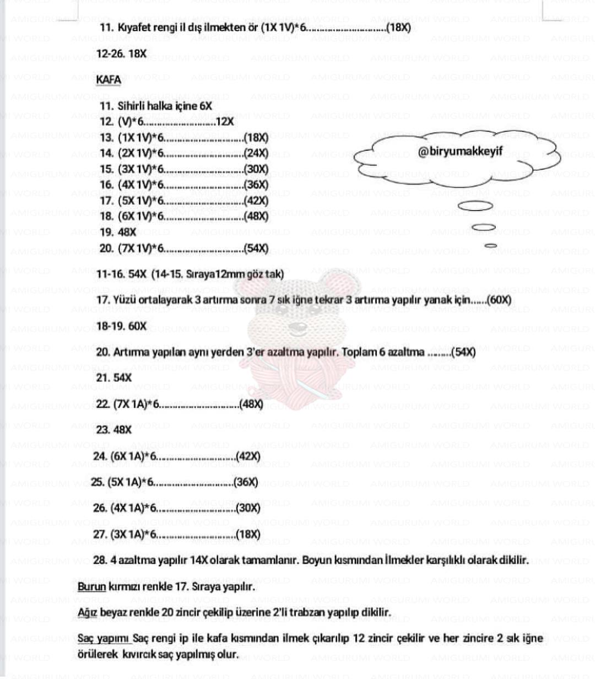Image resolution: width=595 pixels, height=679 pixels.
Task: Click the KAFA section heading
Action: coord(109,80)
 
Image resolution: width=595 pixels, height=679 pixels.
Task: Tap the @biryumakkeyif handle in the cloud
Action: coord(460,152)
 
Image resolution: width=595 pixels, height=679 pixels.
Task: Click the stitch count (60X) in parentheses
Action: coord(500,300)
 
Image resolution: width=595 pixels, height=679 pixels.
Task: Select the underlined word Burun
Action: coord(91,586)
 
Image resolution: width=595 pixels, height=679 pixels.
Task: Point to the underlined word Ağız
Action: coord(87,612)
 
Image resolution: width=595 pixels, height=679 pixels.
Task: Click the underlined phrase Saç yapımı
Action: coord(104,638)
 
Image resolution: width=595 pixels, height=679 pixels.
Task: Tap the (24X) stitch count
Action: coord(256,154)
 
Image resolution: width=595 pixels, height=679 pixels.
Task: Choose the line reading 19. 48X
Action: coord(118,233)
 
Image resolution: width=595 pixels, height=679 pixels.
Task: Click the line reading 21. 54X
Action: coord(114,378)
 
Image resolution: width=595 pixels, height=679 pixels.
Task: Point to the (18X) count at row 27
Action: coord(247,534)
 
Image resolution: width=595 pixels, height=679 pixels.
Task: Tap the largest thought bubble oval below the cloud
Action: coord(476,206)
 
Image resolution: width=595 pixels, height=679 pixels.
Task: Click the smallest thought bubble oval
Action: coord(490,246)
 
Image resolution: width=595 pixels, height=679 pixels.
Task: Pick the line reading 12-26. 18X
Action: coord(122,54)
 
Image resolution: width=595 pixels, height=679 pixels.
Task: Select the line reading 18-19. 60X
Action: coord(122,326)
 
